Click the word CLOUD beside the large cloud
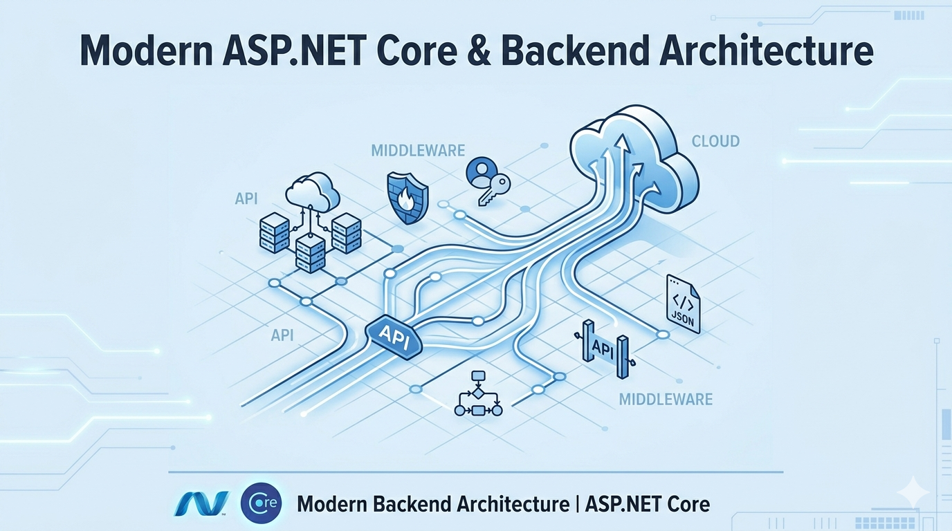[x=715, y=141]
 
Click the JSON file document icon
[x=683, y=304]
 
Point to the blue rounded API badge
[x=394, y=337]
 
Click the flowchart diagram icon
[x=479, y=393]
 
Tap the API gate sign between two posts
[x=603, y=348]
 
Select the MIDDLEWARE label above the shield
[x=418, y=150]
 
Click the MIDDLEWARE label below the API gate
[x=666, y=400]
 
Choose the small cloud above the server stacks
[x=313, y=192]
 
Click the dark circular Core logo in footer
[x=261, y=503]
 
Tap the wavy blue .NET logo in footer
[x=202, y=504]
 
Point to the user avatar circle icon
[x=482, y=172]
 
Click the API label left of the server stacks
[x=246, y=198]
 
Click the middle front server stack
[x=310, y=253]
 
